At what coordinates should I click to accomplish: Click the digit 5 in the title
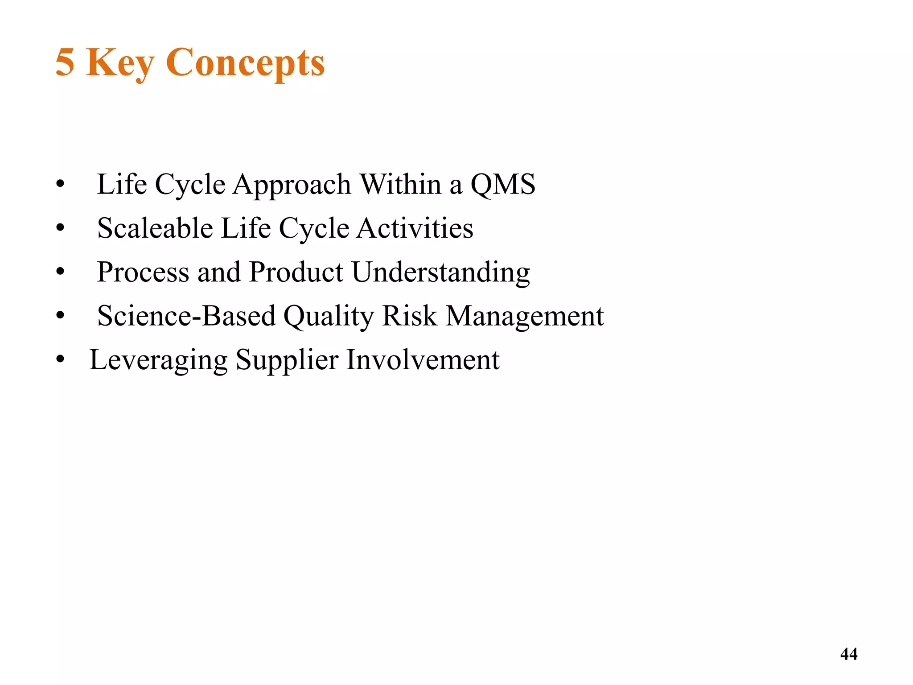tap(65, 62)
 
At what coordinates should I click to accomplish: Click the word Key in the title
tap(120, 63)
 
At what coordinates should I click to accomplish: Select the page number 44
tap(848, 654)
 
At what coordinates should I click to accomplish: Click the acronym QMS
tap(503, 184)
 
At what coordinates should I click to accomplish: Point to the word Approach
tap(292, 185)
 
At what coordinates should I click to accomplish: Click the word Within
tap(400, 184)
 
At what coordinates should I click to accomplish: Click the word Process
tap(143, 272)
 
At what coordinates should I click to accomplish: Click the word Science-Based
tap(186, 316)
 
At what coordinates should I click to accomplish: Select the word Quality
tap(329, 317)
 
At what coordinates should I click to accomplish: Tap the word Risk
tap(410, 316)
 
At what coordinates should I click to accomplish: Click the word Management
tap(525, 317)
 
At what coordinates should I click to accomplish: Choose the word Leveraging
tap(158, 360)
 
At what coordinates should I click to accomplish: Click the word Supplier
tap(287, 360)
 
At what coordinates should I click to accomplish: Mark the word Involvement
tap(423, 359)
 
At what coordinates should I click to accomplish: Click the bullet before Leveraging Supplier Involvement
tap(61, 359)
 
